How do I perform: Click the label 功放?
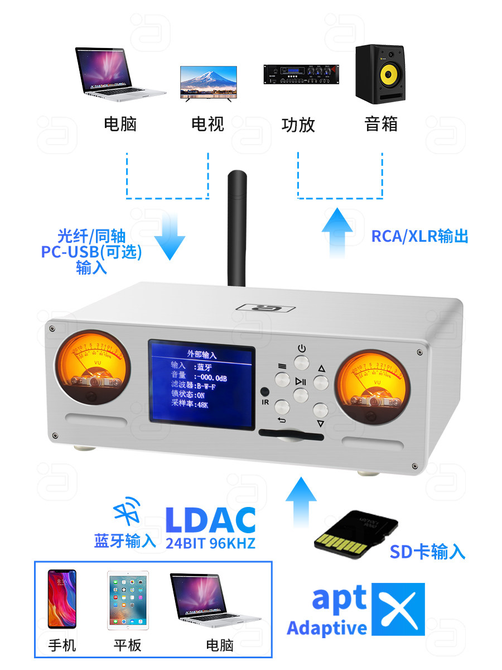tap(298, 125)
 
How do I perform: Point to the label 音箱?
tap(381, 123)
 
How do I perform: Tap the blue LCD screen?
tap(201, 384)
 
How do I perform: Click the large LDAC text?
tap(210, 519)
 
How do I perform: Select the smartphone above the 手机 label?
tap(62, 601)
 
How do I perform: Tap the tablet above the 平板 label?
tap(128, 601)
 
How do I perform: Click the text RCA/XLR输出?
tap(419, 236)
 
